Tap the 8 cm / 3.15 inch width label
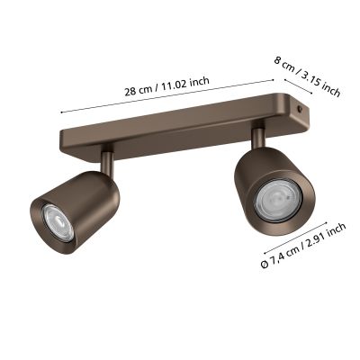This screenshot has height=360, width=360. tap(308, 76)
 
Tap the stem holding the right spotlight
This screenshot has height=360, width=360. tap(259, 137)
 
